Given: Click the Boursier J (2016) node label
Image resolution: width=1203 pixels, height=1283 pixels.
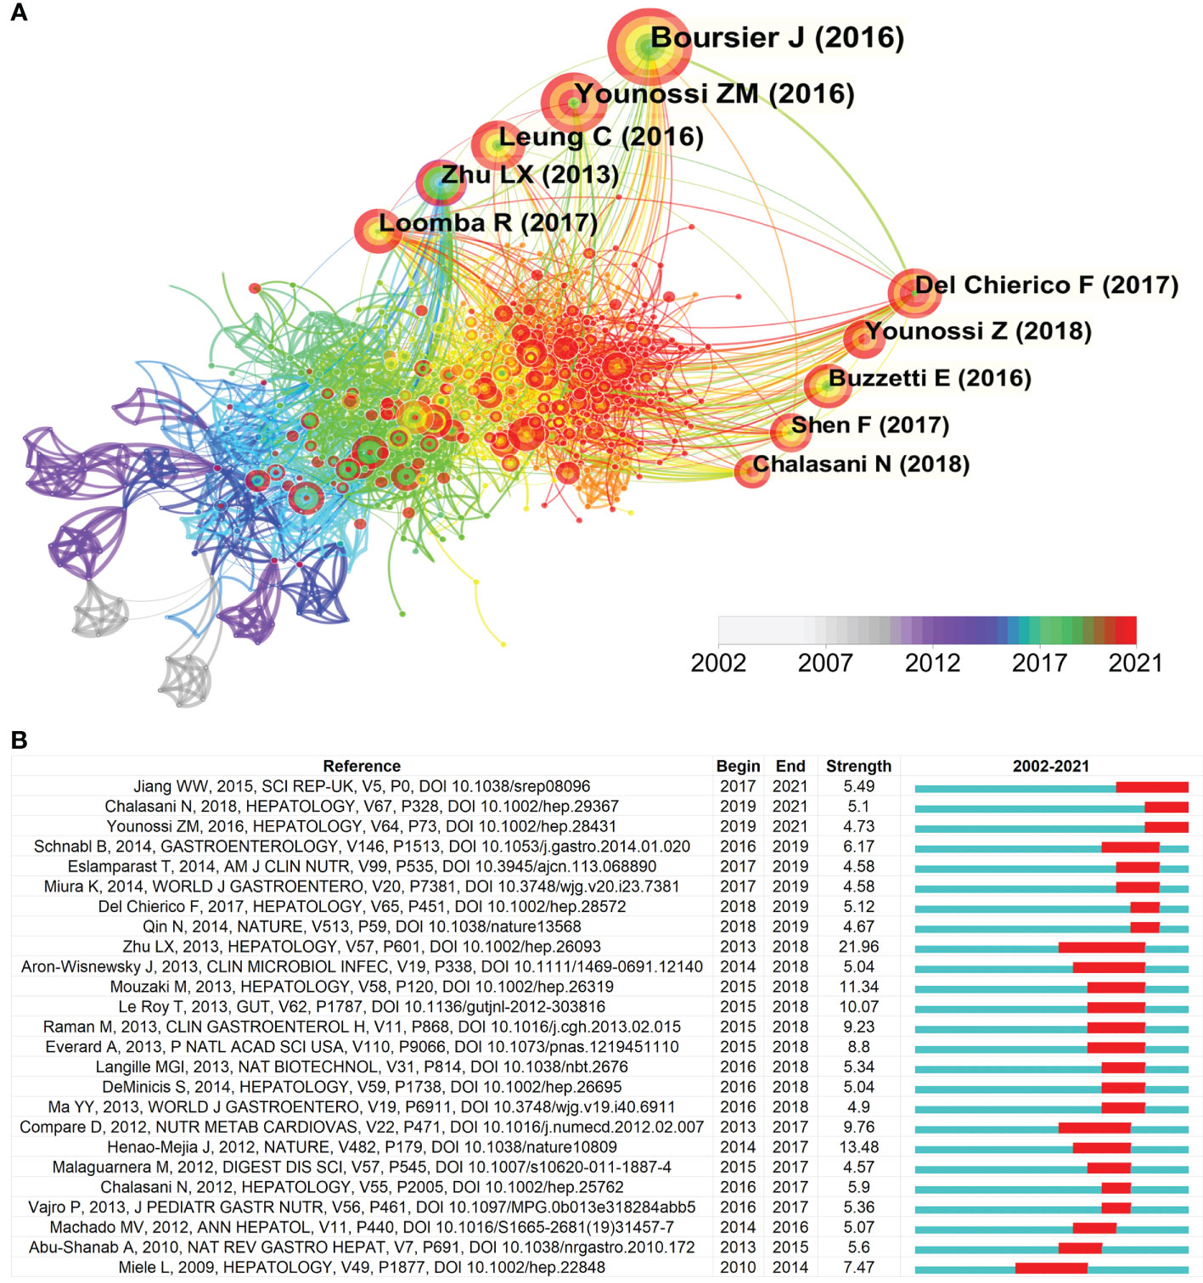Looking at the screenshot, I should (776, 38).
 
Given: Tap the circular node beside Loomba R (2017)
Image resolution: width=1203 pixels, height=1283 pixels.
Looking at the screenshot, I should (377, 231).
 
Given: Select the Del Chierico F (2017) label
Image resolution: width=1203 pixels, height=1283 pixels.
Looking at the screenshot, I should (1046, 285).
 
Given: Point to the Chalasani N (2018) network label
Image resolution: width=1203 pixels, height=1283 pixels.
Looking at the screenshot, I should (860, 464).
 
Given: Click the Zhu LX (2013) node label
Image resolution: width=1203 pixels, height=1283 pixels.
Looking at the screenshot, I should (529, 175).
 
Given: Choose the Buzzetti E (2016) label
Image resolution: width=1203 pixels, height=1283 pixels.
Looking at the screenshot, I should (930, 379).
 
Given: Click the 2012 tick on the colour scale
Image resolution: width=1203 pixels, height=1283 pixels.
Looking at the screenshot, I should (932, 662).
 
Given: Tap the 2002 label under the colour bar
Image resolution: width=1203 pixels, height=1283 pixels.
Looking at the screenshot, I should (718, 662).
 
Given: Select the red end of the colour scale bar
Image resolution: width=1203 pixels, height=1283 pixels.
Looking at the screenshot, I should (1126, 630).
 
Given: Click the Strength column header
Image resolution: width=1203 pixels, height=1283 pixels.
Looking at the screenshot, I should (858, 766).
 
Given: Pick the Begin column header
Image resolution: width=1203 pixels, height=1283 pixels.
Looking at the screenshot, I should (738, 766).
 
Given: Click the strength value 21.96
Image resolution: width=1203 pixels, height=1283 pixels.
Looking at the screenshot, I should (858, 947).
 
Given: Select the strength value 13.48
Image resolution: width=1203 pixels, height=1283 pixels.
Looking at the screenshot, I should (858, 1147).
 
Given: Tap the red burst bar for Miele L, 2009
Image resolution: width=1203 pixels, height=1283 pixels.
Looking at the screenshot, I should (1051, 1268).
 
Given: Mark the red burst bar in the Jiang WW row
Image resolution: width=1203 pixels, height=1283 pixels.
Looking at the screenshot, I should (1152, 787).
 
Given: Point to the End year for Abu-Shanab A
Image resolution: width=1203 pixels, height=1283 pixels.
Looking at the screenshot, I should (790, 1247).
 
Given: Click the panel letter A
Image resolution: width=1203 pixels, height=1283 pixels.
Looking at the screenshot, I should (19, 13).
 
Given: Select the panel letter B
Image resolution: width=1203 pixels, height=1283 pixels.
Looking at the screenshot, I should (19, 740).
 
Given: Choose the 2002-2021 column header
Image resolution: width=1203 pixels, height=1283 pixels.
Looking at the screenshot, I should (1050, 766).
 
